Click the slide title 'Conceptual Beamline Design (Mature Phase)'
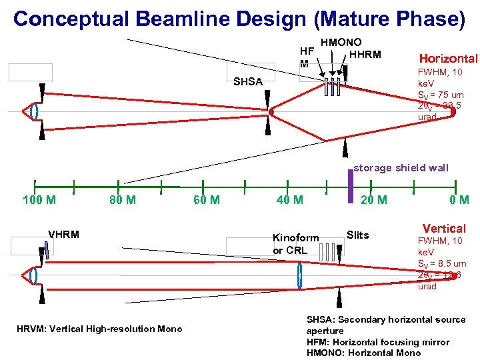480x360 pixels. [x=239, y=18]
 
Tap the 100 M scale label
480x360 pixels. [x=39, y=199]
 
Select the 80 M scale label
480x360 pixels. [x=122, y=199]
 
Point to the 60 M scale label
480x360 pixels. [x=206, y=199]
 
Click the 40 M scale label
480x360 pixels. [x=289, y=199]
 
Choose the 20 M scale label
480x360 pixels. [x=373, y=199]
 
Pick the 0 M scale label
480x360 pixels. [x=459, y=199]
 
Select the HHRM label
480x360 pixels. [x=365, y=55]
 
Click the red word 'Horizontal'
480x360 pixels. [x=447, y=59]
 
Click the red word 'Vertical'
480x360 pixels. [x=444, y=229]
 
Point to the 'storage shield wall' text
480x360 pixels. [x=401, y=168]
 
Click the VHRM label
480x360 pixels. [x=63, y=234]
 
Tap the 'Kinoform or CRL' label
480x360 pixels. [x=295, y=244]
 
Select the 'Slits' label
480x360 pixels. [x=357, y=234]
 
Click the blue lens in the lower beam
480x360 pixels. [x=299, y=275]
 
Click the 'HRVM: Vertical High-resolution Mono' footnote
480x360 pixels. [x=99, y=329]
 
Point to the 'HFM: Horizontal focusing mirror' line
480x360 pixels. [x=377, y=342]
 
